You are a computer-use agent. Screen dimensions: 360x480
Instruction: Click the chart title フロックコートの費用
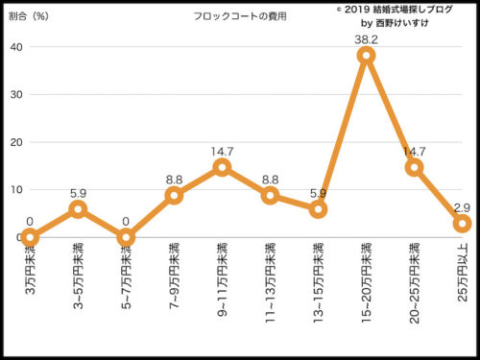coord(234,17)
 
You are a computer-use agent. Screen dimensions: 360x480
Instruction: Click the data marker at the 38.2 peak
coord(366,56)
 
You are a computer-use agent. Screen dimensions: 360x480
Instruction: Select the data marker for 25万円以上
coord(462,223)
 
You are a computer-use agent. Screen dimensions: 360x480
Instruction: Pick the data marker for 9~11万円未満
coord(222,167)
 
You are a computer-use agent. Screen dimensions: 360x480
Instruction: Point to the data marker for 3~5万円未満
coord(78,208)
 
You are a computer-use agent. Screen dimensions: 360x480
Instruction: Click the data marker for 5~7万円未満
coord(126,237)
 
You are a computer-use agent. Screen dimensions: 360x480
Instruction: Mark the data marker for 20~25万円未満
coord(414,167)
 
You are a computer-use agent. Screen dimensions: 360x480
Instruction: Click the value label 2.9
coord(462,206)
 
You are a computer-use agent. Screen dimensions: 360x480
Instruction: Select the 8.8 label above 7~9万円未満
coord(174,179)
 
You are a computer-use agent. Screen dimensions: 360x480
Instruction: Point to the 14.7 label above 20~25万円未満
coord(414,151)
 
